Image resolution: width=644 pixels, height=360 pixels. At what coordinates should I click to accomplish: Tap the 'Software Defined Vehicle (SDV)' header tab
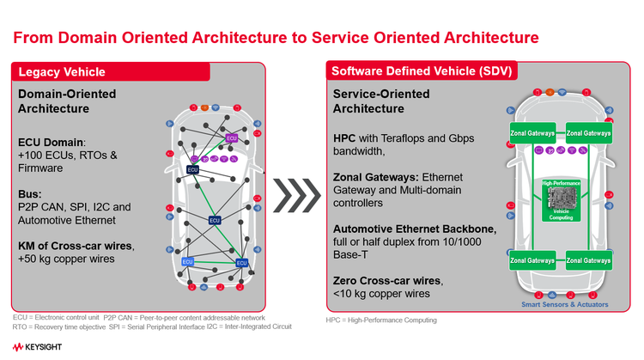(418, 71)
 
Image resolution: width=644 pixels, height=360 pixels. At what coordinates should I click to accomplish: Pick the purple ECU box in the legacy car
(231, 137)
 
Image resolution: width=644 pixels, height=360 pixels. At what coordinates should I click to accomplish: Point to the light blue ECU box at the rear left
(187, 261)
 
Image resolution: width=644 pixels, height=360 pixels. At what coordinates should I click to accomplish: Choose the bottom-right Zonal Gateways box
(588, 259)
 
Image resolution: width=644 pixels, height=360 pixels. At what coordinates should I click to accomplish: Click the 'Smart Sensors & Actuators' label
(565, 305)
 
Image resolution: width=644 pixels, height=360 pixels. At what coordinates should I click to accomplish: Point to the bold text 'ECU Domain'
(49, 142)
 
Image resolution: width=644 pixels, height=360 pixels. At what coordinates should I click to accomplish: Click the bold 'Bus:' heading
(30, 193)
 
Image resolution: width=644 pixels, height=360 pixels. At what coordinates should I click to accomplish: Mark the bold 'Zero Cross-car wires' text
(386, 282)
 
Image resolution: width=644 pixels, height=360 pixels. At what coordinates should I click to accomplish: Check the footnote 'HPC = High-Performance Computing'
(381, 320)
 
